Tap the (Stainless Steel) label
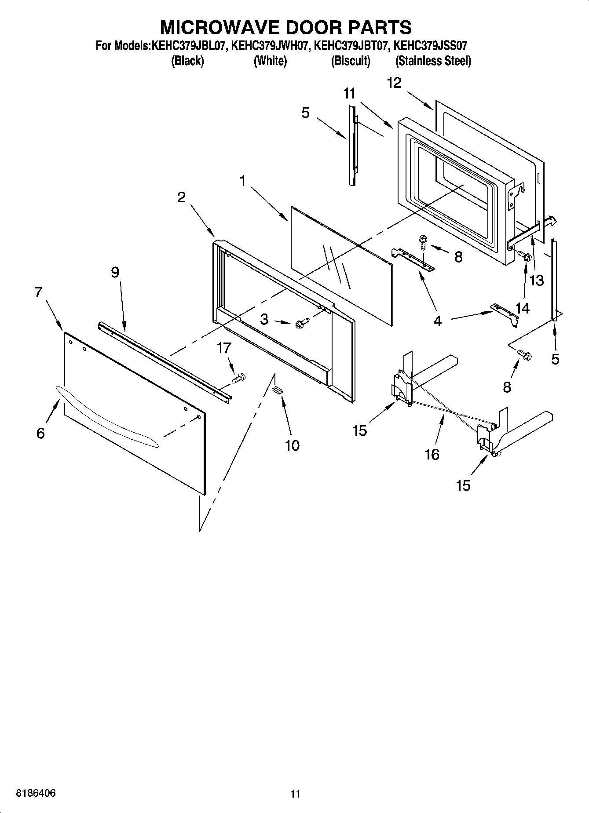point(433,61)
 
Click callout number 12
point(394,83)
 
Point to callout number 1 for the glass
point(242,181)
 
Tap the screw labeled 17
point(238,378)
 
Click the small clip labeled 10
point(277,389)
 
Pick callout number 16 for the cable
point(432,454)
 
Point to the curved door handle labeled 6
point(106,418)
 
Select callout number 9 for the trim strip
point(114,273)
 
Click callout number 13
point(537,280)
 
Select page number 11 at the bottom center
point(295,794)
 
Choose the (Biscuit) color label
point(350,61)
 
